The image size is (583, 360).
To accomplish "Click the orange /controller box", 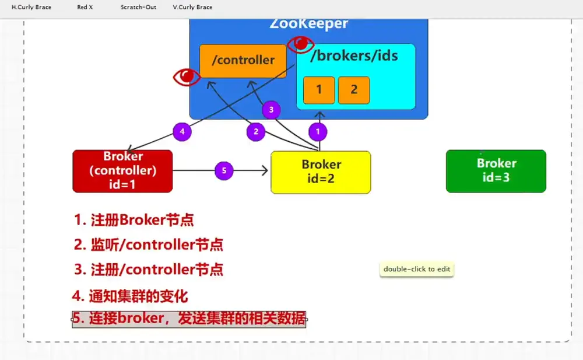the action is tap(243, 61).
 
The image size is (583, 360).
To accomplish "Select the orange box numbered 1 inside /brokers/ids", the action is tap(319, 90).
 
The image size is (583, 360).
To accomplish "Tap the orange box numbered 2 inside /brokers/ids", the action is tap(354, 90).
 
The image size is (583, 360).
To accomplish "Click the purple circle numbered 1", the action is tap(318, 131).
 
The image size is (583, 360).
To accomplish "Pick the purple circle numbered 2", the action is tap(256, 131).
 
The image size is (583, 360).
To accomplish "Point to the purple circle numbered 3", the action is tap(271, 110).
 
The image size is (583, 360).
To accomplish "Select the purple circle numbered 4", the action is tap(182, 131).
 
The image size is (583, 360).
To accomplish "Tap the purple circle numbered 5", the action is tap(224, 170).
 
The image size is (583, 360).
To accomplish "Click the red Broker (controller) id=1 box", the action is tap(122, 172).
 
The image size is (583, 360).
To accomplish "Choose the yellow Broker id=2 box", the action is tap(321, 172).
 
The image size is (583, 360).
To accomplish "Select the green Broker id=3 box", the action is tap(496, 172).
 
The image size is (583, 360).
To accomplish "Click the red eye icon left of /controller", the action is tap(187, 76).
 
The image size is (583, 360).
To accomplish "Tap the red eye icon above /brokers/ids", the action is tap(300, 44).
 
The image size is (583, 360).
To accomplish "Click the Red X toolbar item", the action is tap(85, 7).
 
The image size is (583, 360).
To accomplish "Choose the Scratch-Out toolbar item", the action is tap(138, 7).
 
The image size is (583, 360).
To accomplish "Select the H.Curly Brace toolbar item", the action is tap(31, 7).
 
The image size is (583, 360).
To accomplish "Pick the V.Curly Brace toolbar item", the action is tap(192, 7).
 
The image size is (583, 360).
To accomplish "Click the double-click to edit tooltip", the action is tap(417, 269).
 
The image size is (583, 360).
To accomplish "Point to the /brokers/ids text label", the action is tap(354, 56).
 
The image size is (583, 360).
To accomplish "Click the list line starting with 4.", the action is tap(130, 296).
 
